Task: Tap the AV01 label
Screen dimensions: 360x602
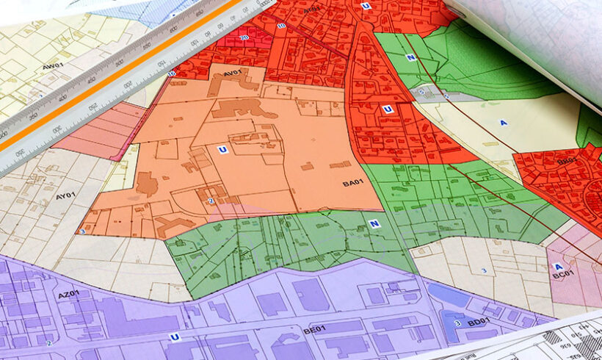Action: tap(233, 73)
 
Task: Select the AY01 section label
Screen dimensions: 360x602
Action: tap(66, 197)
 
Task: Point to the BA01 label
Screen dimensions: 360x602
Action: tap(354, 182)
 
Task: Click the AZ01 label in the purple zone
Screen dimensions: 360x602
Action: tap(69, 294)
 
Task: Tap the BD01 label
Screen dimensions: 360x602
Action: tap(478, 321)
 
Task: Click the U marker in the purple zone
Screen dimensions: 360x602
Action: tap(175, 337)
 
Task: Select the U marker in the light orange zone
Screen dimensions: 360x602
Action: tap(222, 149)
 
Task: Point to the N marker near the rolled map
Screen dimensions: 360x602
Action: tap(410, 57)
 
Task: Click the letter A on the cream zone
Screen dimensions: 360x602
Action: tap(503, 123)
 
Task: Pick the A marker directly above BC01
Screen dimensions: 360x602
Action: tap(558, 267)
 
